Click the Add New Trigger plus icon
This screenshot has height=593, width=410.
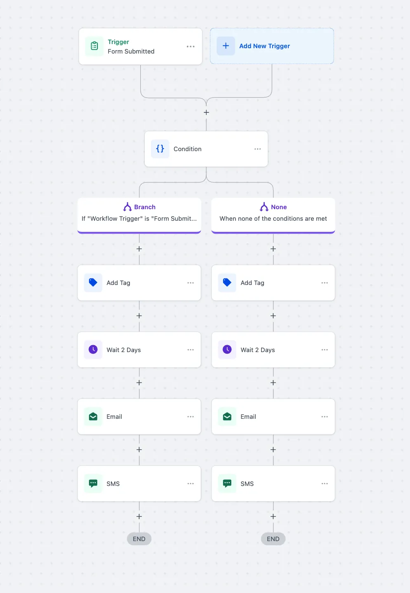[x=226, y=46]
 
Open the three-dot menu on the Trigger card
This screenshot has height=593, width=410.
[x=191, y=46]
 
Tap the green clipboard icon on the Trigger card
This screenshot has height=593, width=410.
[x=94, y=46]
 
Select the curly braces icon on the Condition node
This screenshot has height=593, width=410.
[x=160, y=149]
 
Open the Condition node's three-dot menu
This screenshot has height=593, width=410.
[x=257, y=149]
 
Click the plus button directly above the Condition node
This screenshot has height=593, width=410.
[x=206, y=112]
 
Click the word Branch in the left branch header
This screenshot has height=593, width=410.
[x=145, y=207]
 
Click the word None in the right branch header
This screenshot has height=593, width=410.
[x=279, y=207]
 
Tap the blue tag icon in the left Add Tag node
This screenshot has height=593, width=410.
[x=93, y=282]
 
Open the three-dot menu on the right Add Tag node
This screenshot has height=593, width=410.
[x=325, y=283]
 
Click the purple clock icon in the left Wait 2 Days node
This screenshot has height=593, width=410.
[x=93, y=350]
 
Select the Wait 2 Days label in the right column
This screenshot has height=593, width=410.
[x=257, y=350]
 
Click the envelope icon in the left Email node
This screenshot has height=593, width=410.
[x=93, y=416]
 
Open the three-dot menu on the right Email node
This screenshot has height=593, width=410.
[x=325, y=417]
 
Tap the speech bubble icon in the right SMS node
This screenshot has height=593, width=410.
[x=227, y=483]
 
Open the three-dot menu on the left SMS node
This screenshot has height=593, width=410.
[x=191, y=483]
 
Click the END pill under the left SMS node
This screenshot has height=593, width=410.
[x=139, y=539]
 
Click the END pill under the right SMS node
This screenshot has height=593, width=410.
[x=273, y=539]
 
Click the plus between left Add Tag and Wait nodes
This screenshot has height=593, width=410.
[x=139, y=316]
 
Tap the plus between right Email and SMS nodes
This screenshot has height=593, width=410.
[x=273, y=450]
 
